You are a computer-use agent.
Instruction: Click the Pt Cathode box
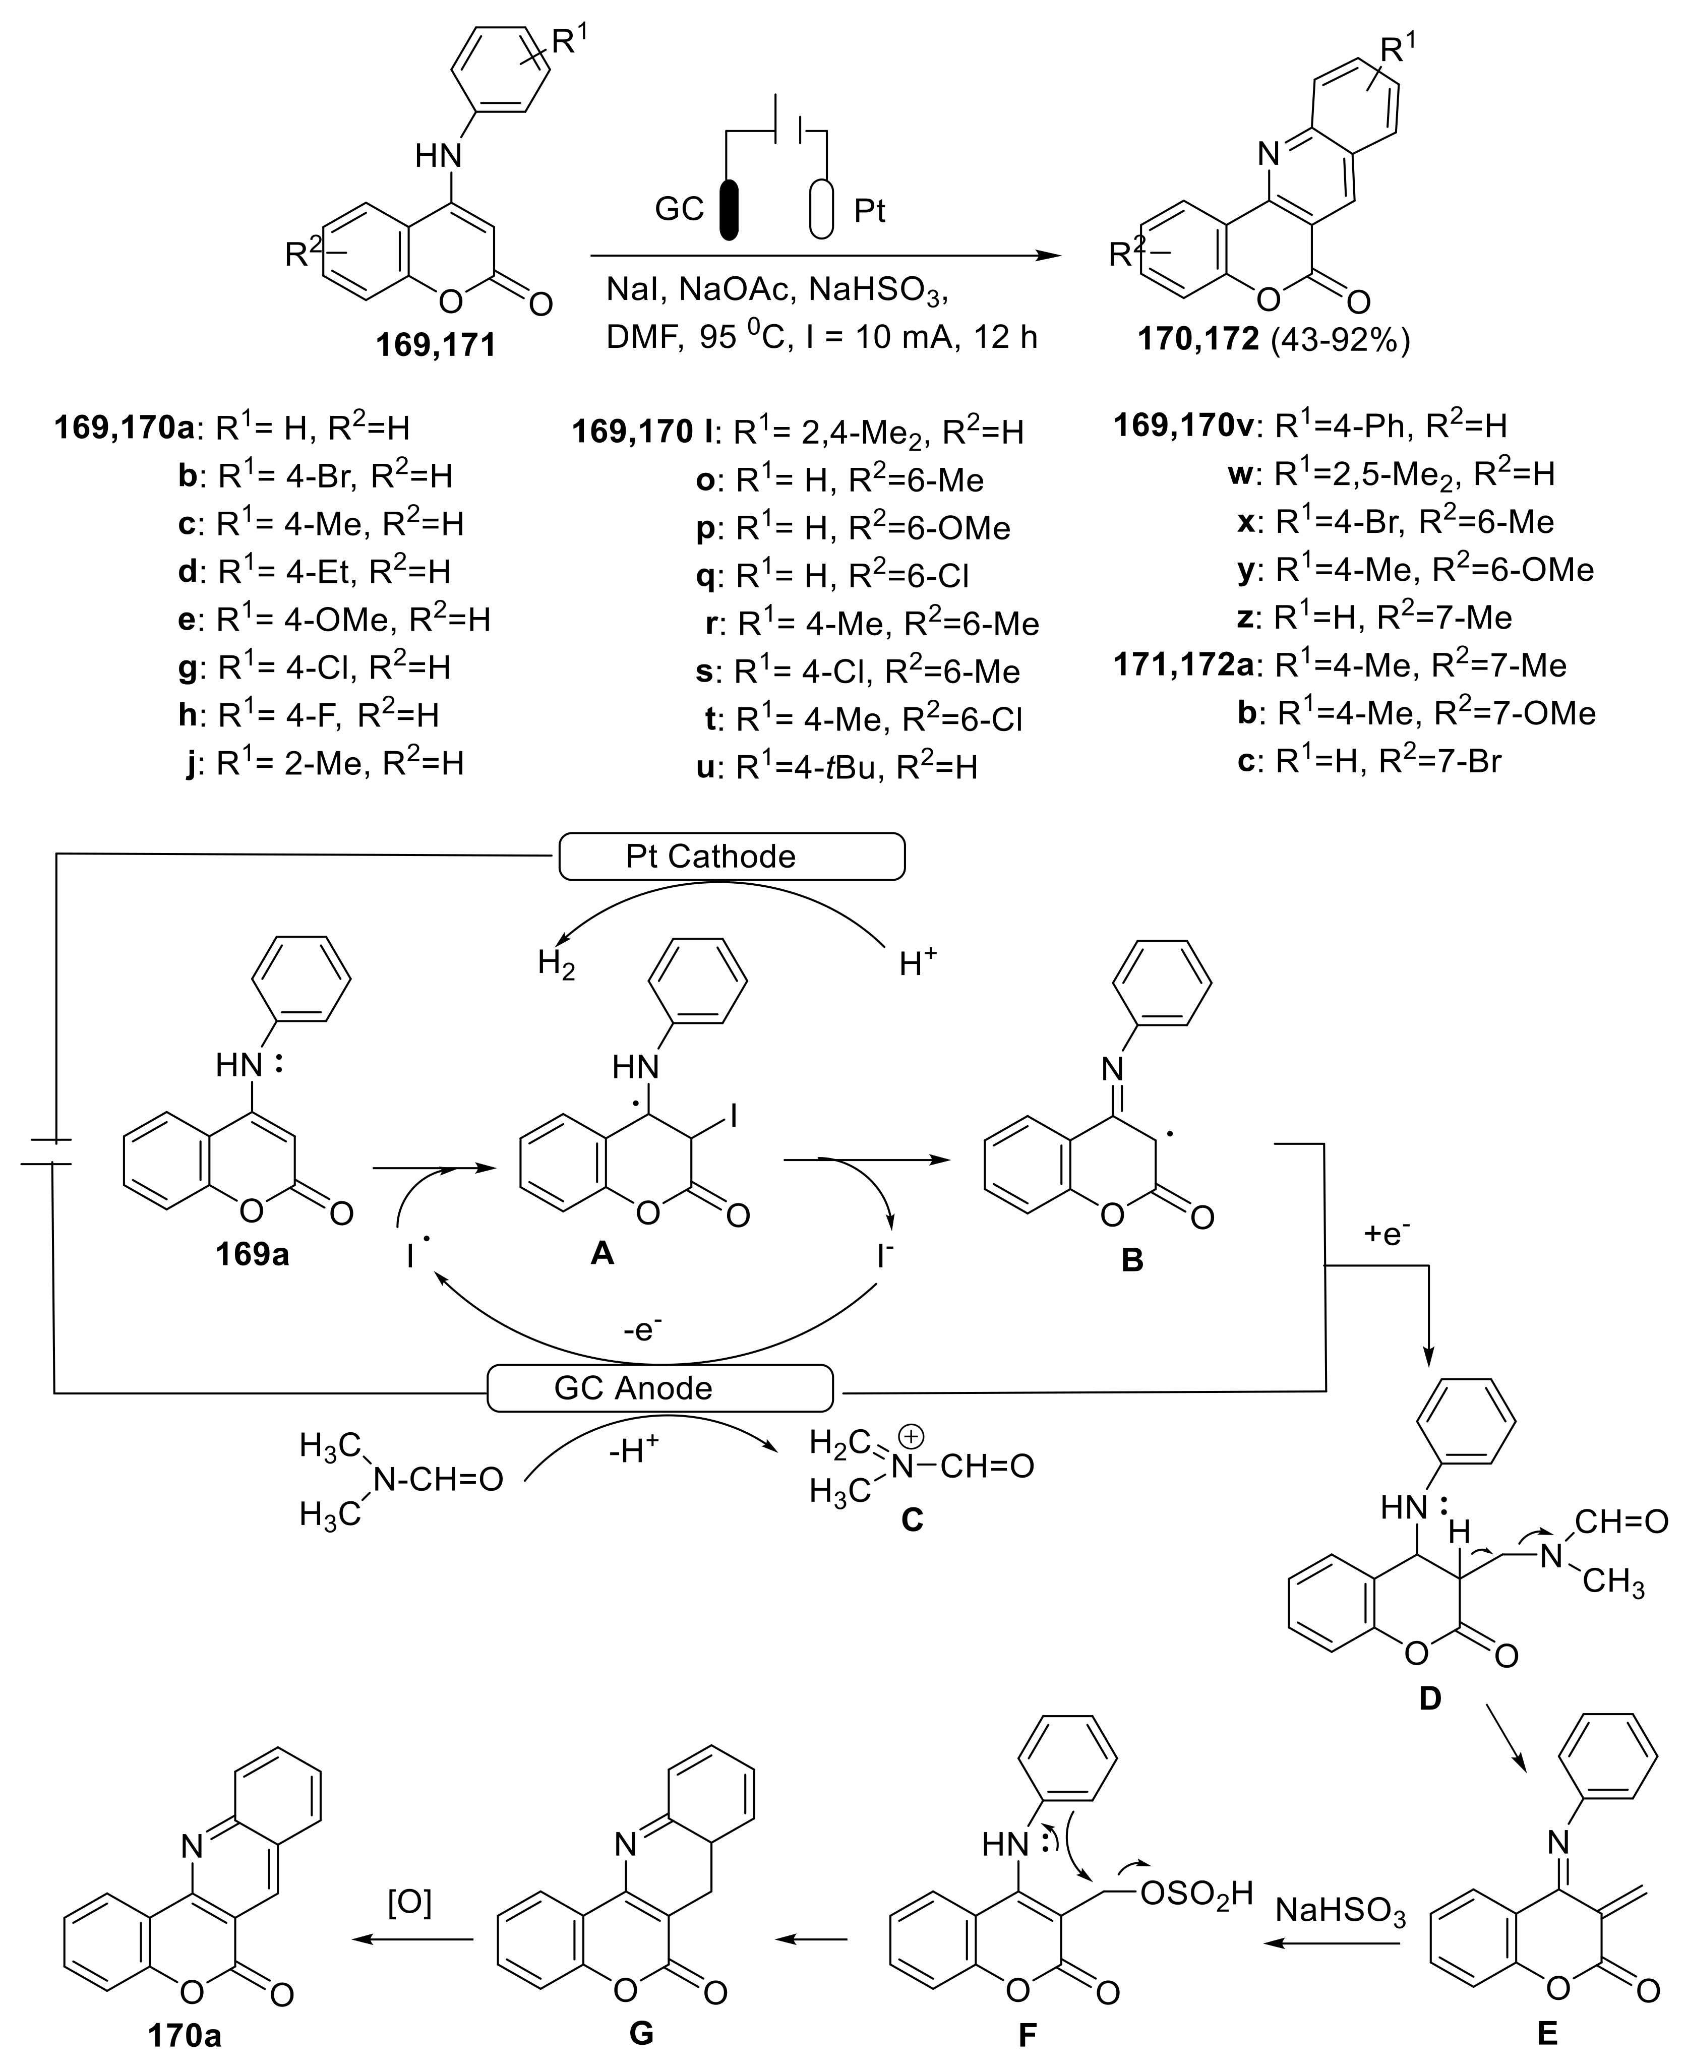click(x=731, y=857)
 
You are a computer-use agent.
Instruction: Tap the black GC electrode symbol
click(x=729, y=209)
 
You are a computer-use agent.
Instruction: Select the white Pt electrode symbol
click(x=822, y=209)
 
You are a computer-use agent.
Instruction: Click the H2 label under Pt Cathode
click(x=557, y=964)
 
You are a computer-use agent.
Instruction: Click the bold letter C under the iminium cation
click(x=911, y=1518)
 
